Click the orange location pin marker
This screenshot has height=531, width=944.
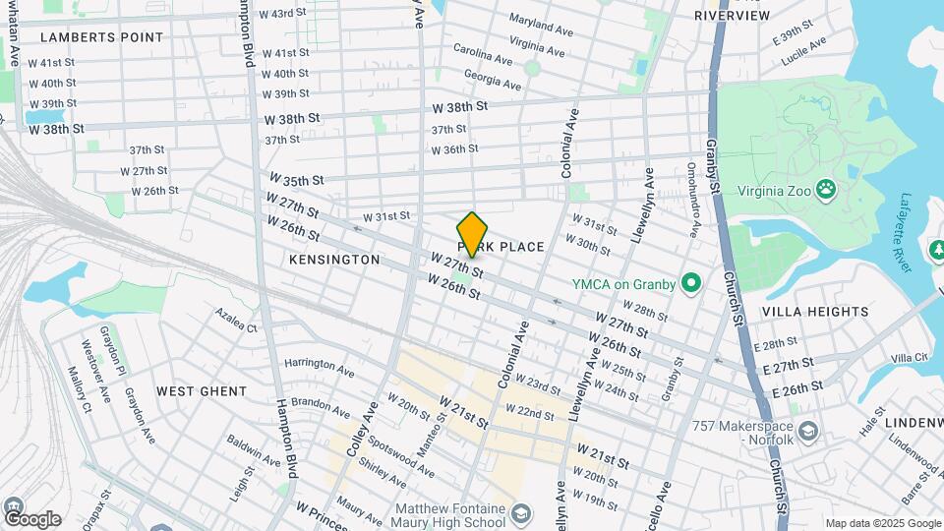[473, 234]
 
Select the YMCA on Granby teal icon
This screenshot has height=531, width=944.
[690, 285]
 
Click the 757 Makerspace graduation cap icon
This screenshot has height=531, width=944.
[807, 431]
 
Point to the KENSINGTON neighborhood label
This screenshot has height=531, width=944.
[334, 260]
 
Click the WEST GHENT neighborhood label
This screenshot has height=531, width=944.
[202, 391]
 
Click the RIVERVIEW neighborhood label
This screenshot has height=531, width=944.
[732, 16]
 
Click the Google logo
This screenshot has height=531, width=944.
[31, 518]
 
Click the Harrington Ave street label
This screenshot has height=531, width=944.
[319, 367]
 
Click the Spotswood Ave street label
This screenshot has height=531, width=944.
[403, 450]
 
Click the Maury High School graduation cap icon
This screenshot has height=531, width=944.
[520, 513]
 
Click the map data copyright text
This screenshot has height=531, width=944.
[881, 523]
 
